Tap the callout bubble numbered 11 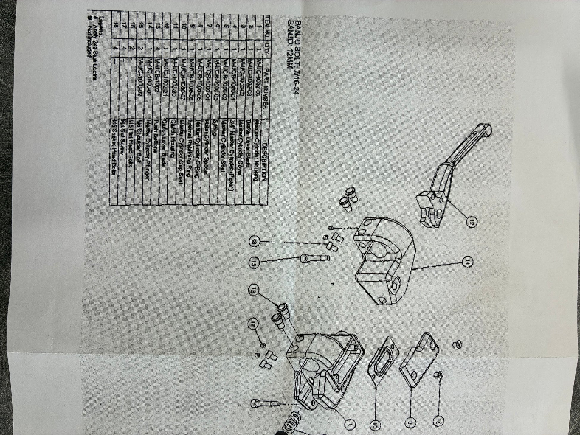[467, 262]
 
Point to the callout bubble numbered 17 [255, 322]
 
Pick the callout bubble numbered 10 [375, 424]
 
